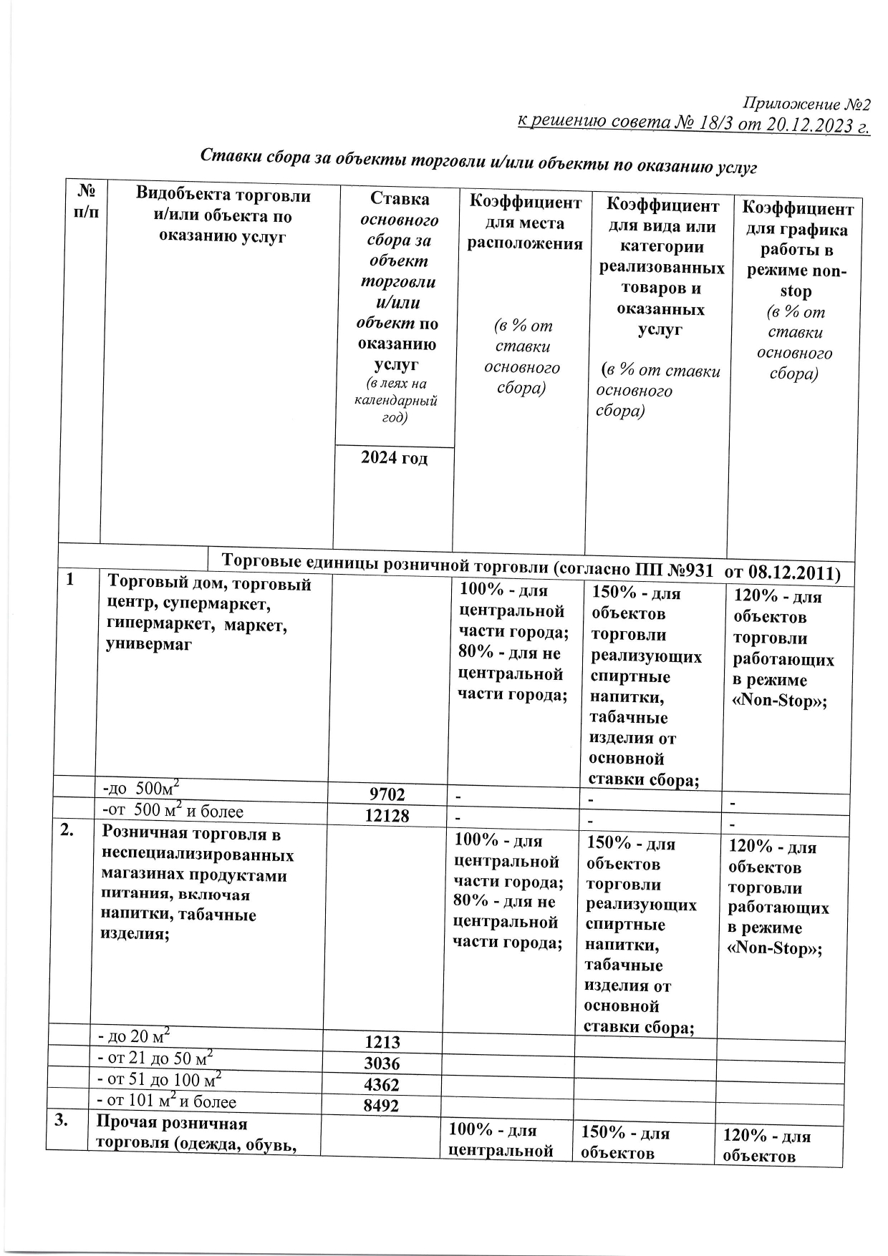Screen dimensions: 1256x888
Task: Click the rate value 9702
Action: (x=387, y=794)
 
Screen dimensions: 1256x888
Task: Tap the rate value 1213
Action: (x=382, y=1042)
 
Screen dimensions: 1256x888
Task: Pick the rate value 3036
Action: (x=382, y=1063)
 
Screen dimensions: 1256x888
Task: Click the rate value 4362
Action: (x=382, y=1084)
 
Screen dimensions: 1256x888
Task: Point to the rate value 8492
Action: (x=382, y=1106)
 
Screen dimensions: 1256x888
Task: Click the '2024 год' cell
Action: (x=394, y=458)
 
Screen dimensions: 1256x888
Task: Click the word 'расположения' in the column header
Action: (x=525, y=243)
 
